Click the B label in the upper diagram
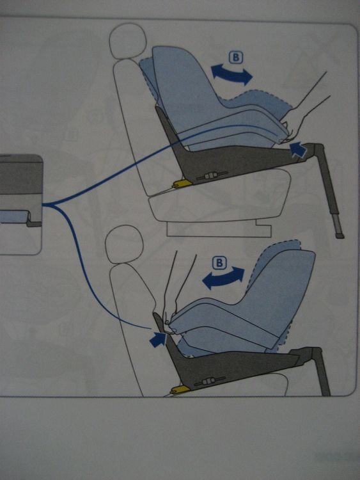(235, 58)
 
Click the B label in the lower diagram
(219, 263)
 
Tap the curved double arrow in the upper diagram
(232, 74)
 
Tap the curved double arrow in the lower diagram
(224, 278)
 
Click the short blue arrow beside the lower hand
(158, 339)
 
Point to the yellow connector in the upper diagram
(183, 183)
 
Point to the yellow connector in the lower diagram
(180, 389)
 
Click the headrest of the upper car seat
(128, 41)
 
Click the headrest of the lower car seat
(124, 244)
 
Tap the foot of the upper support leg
(339, 236)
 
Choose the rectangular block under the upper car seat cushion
(219, 228)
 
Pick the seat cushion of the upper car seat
(219, 196)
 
